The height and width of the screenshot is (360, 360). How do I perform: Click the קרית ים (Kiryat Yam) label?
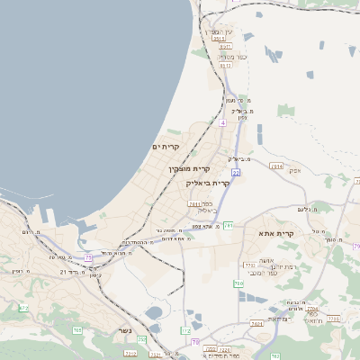pyautogui.click(x=166, y=147)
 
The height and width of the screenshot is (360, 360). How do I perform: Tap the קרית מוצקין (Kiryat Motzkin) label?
pyautogui.click(x=189, y=168)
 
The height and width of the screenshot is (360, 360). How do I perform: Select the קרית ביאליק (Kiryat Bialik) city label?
pyautogui.click(x=209, y=183)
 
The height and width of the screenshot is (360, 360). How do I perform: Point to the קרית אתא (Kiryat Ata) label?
pyautogui.click(x=276, y=233)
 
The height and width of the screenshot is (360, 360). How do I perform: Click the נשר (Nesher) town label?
pyautogui.click(x=123, y=330)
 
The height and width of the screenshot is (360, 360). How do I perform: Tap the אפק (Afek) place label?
pyautogui.click(x=294, y=170)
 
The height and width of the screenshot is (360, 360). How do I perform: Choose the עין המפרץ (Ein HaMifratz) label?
pyautogui.click(x=220, y=31)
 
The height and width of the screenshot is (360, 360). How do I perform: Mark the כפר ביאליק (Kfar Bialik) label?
pyautogui.click(x=203, y=211)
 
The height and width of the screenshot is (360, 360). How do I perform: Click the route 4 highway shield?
pyautogui.click(x=222, y=121)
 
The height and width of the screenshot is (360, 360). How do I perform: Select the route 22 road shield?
pyautogui.click(x=236, y=171)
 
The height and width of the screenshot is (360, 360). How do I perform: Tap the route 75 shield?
pyautogui.click(x=89, y=258)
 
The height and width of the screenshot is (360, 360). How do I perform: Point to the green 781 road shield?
pyautogui.click(x=229, y=225)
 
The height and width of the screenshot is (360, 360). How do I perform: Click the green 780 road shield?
pyautogui.click(x=238, y=284)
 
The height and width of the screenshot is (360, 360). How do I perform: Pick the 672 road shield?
pyautogui.click(x=23, y=308)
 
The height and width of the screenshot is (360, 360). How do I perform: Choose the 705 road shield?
pyautogui.click(x=77, y=331)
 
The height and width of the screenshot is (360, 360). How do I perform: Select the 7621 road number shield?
pyautogui.click(x=194, y=204)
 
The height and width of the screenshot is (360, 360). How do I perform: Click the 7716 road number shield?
pyautogui.click(x=334, y=318)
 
